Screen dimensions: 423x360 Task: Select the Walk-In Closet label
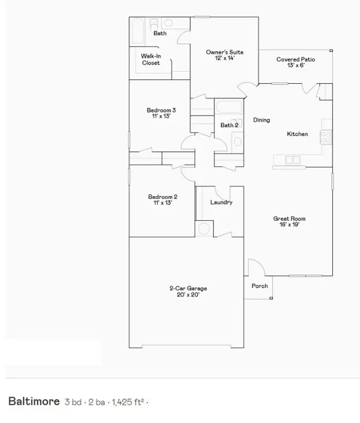click(x=151, y=59)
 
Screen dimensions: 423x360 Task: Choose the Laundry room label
click(x=221, y=202)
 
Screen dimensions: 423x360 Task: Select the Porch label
click(x=260, y=286)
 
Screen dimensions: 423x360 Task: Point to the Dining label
click(x=261, y=120)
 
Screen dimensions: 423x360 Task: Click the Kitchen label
click(x=297, y=134)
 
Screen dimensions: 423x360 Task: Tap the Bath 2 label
click(x=229, y=126)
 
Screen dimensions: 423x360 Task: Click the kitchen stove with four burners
click(x=326, y=135)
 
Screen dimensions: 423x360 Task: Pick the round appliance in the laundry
click(x=204, y=229)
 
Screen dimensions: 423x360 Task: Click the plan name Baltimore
click(x=34, y=401)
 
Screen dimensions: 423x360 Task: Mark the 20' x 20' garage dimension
click(x=187, y=295)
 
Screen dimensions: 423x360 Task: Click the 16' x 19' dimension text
click(x=289, y=225)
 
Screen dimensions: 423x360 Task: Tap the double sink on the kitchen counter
click(x=293, y=160)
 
